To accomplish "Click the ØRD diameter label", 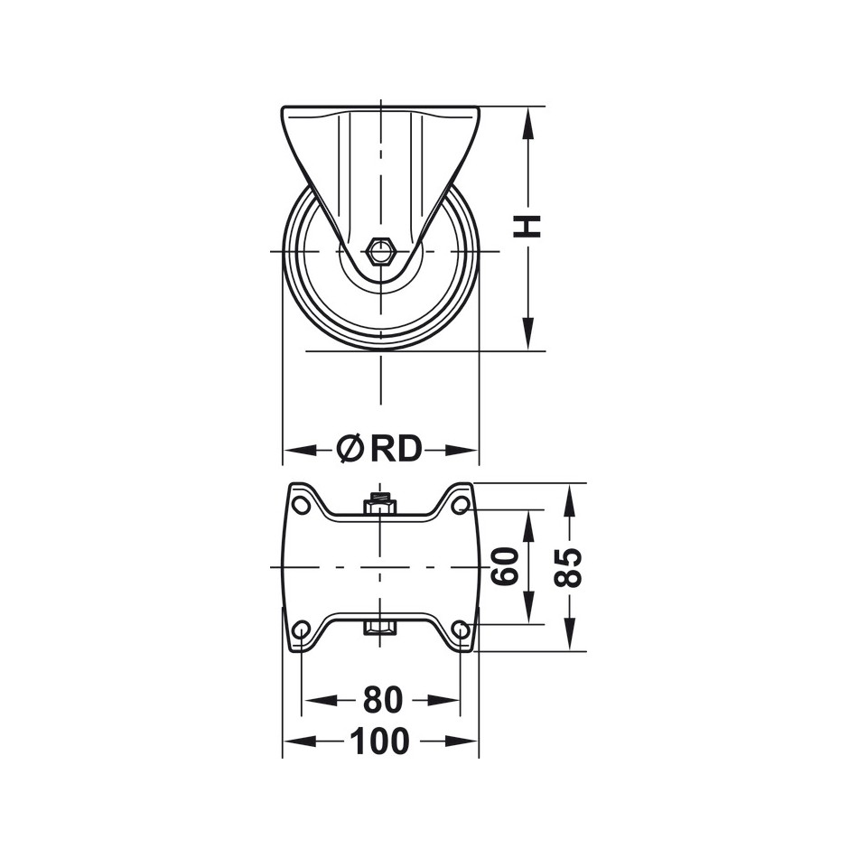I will pyautogui.click(x=379, y=448).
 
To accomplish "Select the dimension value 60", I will pyautogui.click(x=506, y=566).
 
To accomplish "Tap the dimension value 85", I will pyautogui.click(x=568, y=567).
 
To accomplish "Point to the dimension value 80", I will pyautogui.click(x=382, y=699).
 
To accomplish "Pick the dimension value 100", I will pyautogui.click(x=380, y=741).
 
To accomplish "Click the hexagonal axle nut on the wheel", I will pyautogui.click(x=380, y=251).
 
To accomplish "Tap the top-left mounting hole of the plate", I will pyautogui.click(x=302, y=504).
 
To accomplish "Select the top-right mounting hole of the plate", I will pyautogui.click(x=460, y=504).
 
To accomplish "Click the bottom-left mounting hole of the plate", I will pyautogui.click(x=302, y=629).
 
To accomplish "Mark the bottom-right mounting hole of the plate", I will pyautogui.click(x=460, y=629).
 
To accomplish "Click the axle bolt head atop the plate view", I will pyautogui.click(x=380, y=503).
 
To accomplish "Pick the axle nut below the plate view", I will pyautogui.click(x=380, y=627).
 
